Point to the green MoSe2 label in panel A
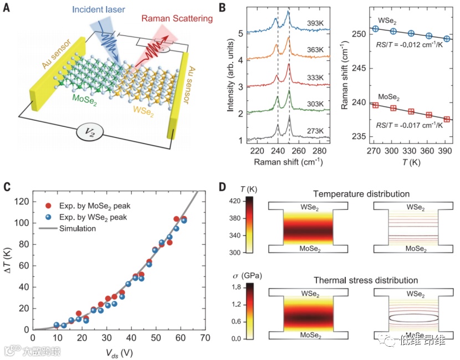86,99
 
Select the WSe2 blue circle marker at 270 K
375,29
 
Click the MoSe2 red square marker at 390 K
447,120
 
